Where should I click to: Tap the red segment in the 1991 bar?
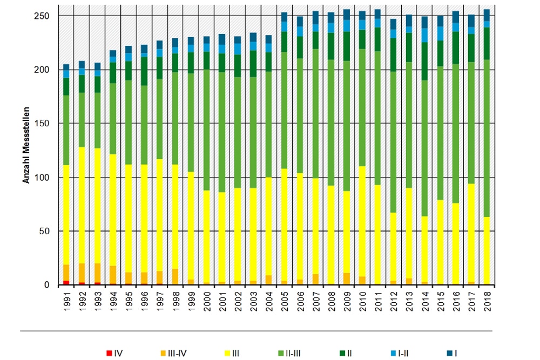66,283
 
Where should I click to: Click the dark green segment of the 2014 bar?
424,61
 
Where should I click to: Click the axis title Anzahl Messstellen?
26,142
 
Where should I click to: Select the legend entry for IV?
115,354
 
